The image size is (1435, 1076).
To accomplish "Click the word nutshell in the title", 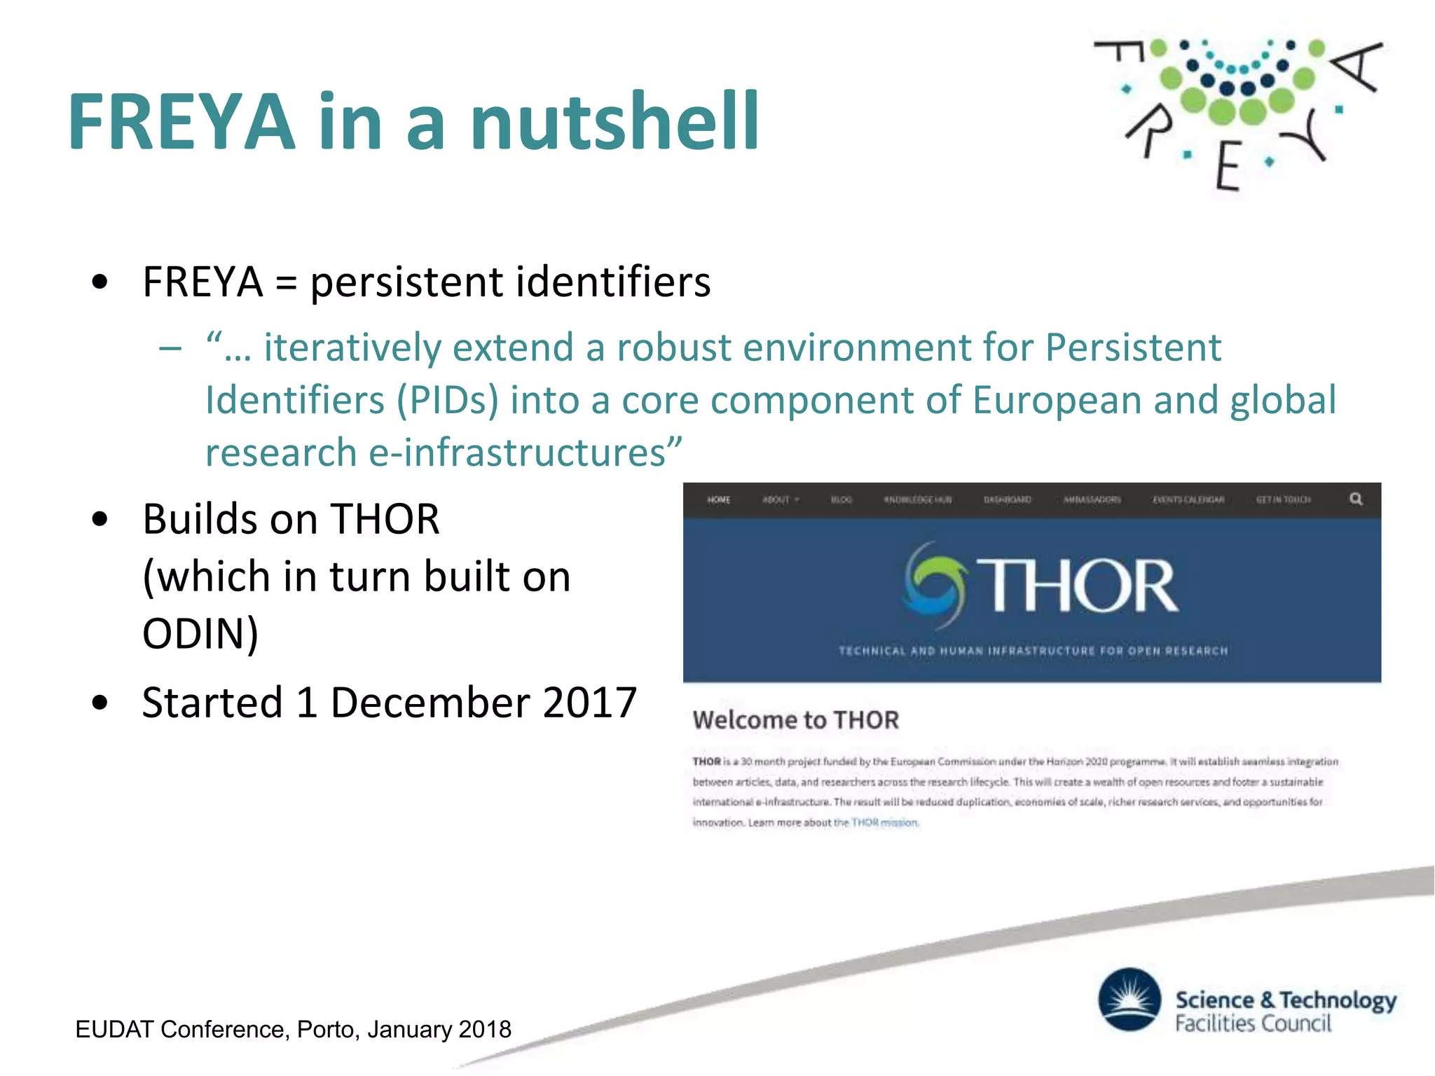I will (x=614, y=122).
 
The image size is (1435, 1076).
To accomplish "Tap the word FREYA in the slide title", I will (x=181, y=123).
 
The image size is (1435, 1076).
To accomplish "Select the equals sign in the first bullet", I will (x=286, y=283).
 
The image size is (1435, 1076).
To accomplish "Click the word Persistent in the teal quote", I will (x=1133, y=347).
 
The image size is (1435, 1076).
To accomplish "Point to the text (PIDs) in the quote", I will (x=447, y=400).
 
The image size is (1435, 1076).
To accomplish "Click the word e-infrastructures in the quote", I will (x=517, y=453).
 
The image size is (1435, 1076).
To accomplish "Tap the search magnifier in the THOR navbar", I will (x=1356, y=499).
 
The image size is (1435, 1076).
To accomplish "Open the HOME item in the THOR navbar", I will (x=718, y=500).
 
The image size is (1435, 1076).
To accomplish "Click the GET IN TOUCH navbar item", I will (x=1283, y=500).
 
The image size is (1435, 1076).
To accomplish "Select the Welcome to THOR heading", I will (x=795, y=720).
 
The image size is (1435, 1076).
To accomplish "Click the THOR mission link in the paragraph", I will (x=884, y=823).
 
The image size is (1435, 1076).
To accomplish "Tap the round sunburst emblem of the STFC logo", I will (x=1130, y=1000).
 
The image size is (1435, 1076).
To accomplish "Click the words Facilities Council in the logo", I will (x=1253, y=1024).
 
